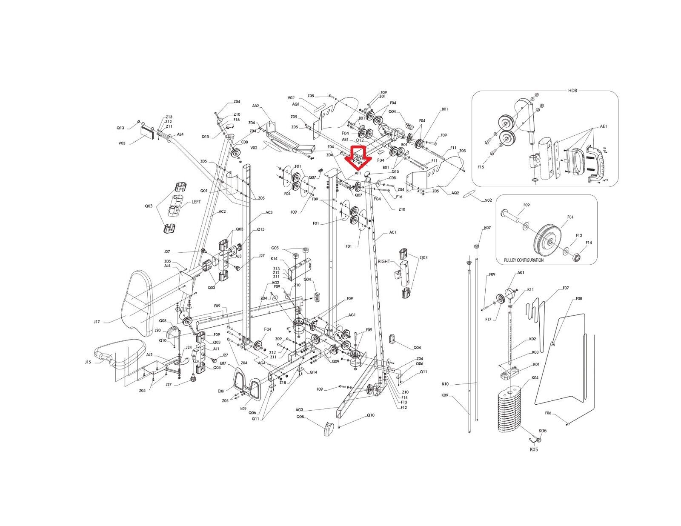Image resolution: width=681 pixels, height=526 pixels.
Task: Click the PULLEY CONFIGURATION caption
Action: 524,260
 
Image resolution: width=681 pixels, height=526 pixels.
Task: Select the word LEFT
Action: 196,202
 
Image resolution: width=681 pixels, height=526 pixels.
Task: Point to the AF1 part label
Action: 358,173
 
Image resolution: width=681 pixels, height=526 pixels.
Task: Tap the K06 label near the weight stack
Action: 543,431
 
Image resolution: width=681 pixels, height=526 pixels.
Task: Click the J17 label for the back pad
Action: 97,322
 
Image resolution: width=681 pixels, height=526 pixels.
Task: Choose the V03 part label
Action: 122,143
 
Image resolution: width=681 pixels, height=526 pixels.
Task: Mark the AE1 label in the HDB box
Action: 603,126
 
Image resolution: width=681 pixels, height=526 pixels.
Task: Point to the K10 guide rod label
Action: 446,384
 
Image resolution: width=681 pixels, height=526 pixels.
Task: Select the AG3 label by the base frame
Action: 300,409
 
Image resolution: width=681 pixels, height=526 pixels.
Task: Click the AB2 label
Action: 256,106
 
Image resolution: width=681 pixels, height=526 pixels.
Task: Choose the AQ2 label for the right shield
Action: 455,192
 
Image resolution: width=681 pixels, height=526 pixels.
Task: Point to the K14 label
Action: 274,258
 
